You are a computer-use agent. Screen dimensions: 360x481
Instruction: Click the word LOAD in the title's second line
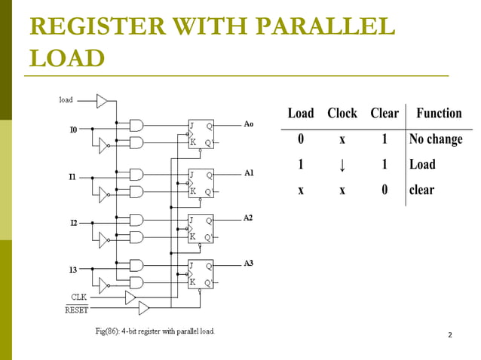tap(66, 57)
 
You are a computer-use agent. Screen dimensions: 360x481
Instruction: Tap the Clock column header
tap(342, 113)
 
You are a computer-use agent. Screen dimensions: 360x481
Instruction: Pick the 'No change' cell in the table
tap(435, 139)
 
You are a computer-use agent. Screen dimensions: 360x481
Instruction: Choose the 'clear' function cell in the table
tap(421, 190)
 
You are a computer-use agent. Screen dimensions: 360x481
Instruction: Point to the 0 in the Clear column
tap(384, 190)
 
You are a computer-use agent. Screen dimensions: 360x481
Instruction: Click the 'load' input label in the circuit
tap(66, 99)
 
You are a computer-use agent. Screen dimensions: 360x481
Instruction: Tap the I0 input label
tap(74, 130)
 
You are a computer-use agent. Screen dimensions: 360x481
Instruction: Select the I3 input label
tap(74, 270)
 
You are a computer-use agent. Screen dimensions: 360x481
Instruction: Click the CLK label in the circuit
tap(80, 297)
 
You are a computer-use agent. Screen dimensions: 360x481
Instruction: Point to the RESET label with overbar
tap(77, 310)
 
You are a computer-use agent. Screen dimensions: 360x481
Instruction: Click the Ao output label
tap(249, 124)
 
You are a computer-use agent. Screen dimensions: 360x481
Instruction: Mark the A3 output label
tap(249, 263)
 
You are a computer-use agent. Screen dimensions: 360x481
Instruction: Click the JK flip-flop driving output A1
tap(201, 183)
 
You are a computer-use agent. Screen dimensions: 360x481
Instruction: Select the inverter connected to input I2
tap(103, 239)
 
